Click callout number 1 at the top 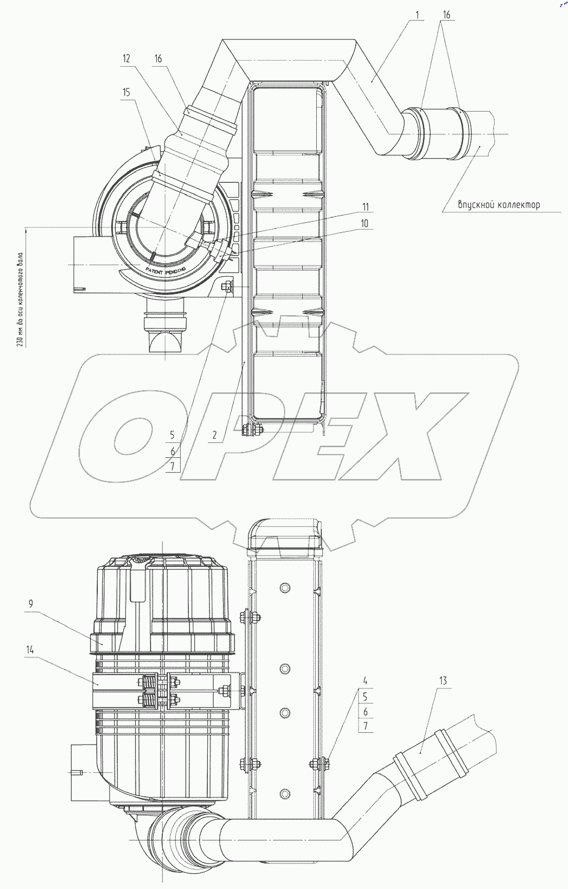417,15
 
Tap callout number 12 126,59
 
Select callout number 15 126,92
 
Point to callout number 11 365,207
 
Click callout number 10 365,223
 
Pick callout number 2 215,435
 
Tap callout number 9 31,603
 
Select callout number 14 30,650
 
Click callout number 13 443,681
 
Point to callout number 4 365,681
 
